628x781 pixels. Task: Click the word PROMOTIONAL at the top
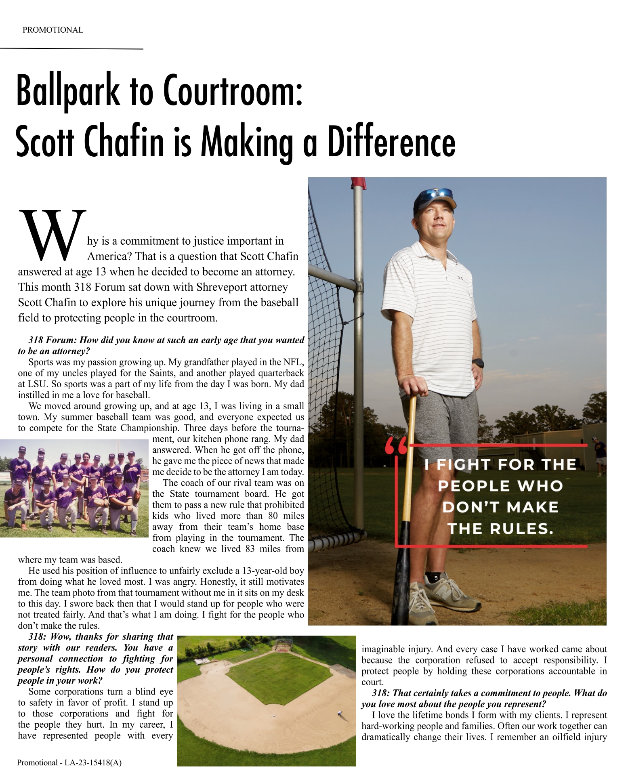(53, 30)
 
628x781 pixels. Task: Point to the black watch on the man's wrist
(478, 363)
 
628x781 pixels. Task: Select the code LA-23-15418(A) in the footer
(93, 763)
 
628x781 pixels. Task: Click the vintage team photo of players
(74, 488)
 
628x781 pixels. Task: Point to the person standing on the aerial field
(340, 714)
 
